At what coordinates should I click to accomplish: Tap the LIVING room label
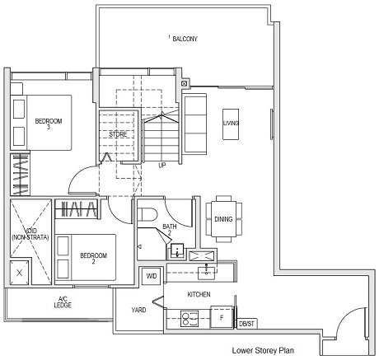(231, 124)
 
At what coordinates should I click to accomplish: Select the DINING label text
(223, 219)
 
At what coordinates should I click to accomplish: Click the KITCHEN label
(200, 294)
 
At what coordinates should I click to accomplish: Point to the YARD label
(139, 311)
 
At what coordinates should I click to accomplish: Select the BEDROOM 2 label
(93, 259)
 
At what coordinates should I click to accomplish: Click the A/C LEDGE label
(63, 302)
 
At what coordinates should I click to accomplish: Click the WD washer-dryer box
(152, 276)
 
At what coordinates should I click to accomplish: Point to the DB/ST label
(246, 324)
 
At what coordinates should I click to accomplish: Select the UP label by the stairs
(162, 165)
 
